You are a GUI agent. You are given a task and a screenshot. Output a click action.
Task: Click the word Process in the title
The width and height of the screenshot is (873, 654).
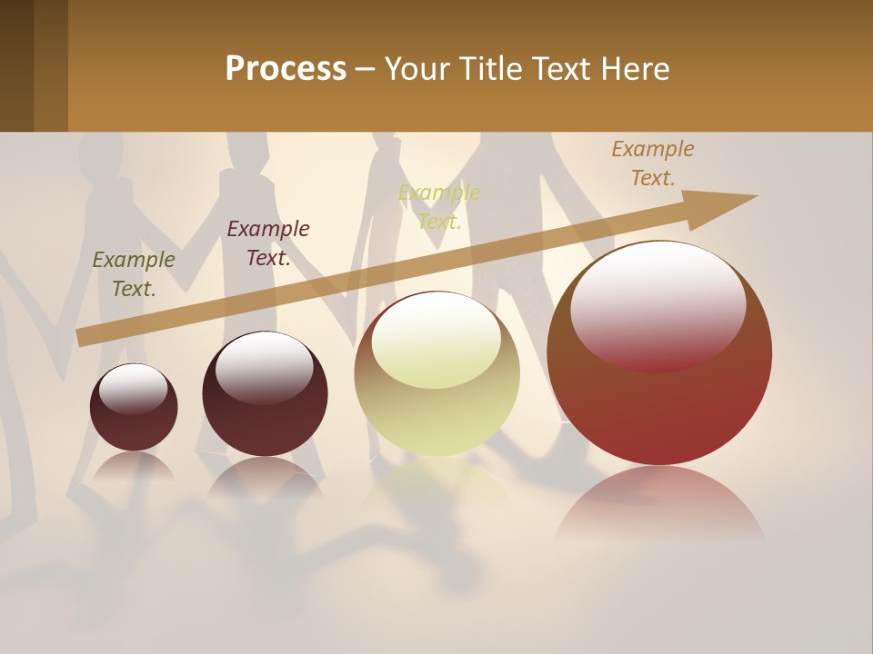pyautogui.click(x=286, y=69)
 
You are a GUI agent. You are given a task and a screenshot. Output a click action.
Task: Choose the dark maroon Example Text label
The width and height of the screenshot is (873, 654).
pyautogui.click(x=268, y=243)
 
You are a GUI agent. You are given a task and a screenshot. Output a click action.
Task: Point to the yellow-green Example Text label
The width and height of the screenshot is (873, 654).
pyautogui.click(x=439, y=207)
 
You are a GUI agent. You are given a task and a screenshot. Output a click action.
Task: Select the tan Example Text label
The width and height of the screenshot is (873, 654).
pyautogui.click(x=653, y=163)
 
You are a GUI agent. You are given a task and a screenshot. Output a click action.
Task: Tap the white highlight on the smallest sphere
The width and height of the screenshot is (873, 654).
pyautogui.click(x=133, y=386)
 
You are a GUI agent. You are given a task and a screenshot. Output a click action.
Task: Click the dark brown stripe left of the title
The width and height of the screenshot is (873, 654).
pyautogui.click(x=17, y=65)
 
